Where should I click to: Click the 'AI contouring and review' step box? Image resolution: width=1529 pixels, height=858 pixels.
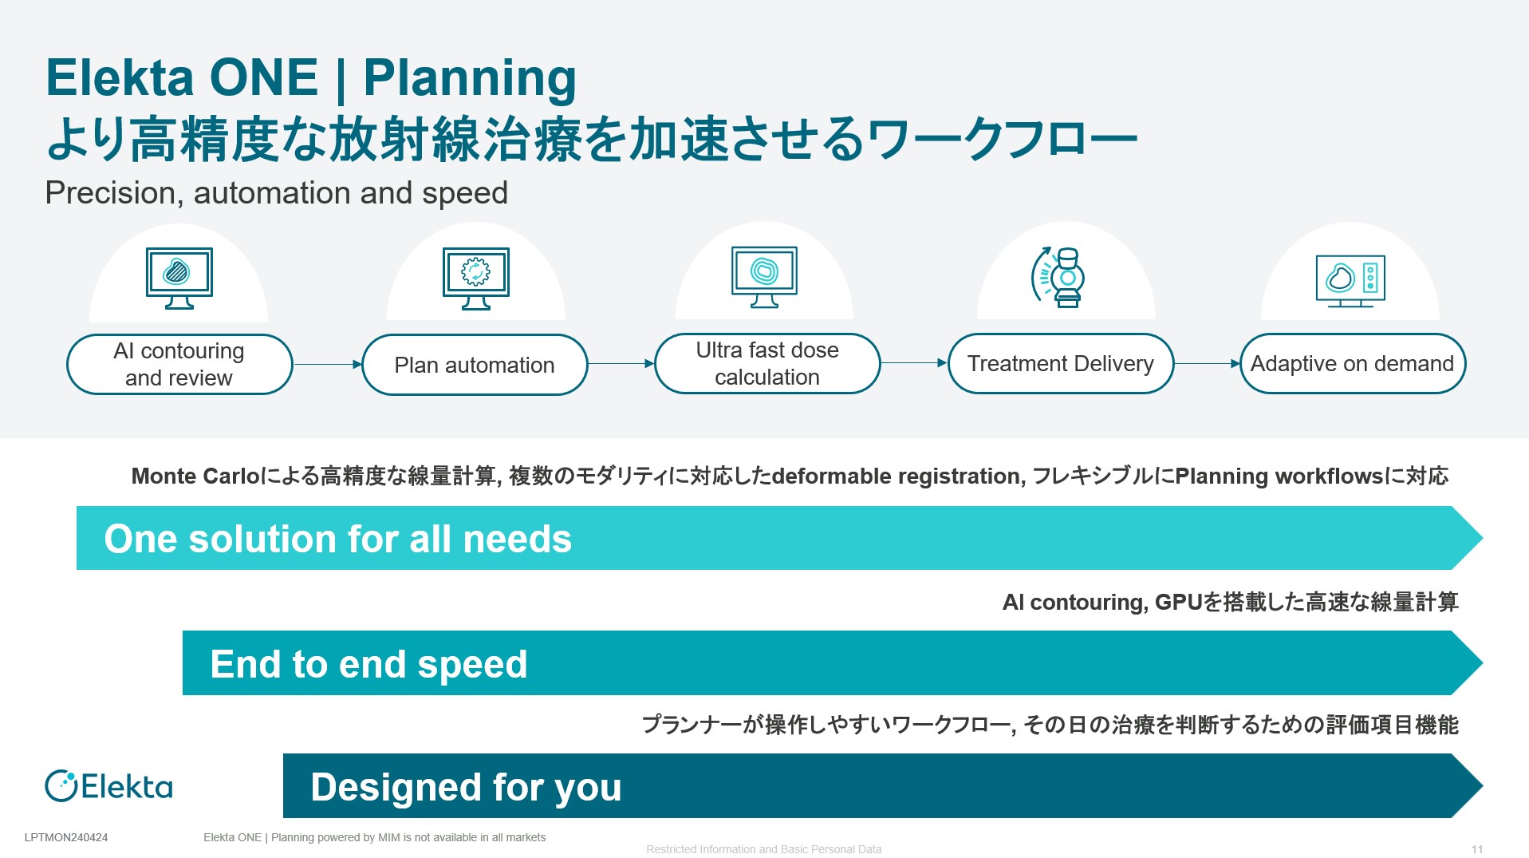click(179, 364)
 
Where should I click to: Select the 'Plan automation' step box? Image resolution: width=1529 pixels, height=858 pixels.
click(475, 365)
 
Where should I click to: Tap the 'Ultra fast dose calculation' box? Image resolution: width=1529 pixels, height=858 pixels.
click(767, 363)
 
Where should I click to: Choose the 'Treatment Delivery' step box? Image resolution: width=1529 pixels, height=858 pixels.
click(1061, 363)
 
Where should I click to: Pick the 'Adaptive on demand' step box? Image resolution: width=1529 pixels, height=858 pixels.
click(1353, 363)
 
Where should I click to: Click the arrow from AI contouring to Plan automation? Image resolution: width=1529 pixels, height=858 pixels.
click(328, 364)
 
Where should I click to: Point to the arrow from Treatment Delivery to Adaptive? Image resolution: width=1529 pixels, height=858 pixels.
click(1208, 363)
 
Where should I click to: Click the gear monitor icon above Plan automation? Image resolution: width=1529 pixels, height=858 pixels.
click(476, 279)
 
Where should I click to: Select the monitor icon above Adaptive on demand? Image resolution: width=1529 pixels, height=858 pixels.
click(1350, 281)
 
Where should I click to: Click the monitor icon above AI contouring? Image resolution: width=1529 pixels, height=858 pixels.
click(179, 278)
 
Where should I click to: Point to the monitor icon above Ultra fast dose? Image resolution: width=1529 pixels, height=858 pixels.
click(765, 277)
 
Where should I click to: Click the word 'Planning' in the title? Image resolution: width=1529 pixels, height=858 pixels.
click(470, 79)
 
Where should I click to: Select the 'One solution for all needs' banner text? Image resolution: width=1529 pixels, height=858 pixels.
click(338, 539)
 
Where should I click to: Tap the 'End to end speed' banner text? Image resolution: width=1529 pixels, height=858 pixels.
click(369, 664)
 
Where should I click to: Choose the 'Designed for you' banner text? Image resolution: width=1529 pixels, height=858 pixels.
click(467, 788)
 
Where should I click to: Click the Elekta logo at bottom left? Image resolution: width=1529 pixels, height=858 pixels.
click(108, 786)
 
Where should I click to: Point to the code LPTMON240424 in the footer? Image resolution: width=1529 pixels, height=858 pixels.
click(66, 837)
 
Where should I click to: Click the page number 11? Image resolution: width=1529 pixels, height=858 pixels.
click(1477, 849)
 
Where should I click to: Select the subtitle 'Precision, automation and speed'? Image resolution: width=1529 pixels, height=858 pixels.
click(277, 193)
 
